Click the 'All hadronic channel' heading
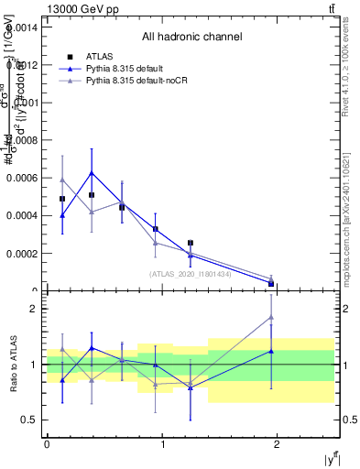click(191, 38)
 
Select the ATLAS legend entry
click(100, 57)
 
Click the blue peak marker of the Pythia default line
click(92, 172)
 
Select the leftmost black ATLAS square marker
click(62, 199)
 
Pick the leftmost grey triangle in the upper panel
click(62, 180)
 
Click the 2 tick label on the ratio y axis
click(36, 309)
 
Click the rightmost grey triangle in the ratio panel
click(271, 318)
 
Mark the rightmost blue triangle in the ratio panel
click(271, 351)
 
